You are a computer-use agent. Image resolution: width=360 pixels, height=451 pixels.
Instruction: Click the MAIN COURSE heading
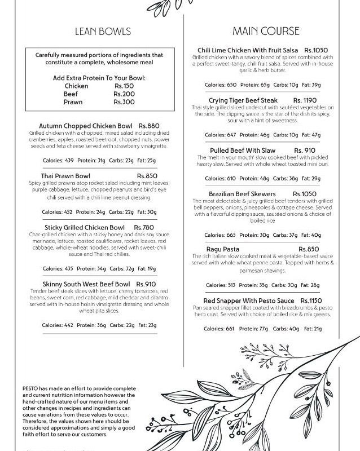265,31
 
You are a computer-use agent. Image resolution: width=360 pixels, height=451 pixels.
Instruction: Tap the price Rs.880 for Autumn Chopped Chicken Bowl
150,125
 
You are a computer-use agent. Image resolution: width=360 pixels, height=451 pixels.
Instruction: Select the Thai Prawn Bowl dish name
65,176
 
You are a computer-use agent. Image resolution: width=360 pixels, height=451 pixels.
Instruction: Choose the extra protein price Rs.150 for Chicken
124,86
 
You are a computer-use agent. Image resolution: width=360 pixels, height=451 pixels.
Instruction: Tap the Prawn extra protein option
73,102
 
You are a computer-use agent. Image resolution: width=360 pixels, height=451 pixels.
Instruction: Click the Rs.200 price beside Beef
124,94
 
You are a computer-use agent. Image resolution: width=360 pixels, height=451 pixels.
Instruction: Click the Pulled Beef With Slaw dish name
242,151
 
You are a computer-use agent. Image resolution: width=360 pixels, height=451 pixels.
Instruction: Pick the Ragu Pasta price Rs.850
309,249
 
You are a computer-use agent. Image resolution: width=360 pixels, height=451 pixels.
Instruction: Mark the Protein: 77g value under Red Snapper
254,329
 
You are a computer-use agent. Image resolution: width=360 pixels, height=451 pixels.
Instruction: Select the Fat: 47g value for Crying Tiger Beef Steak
311,135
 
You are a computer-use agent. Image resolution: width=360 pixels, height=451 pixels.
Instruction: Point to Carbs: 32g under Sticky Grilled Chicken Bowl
121,268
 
